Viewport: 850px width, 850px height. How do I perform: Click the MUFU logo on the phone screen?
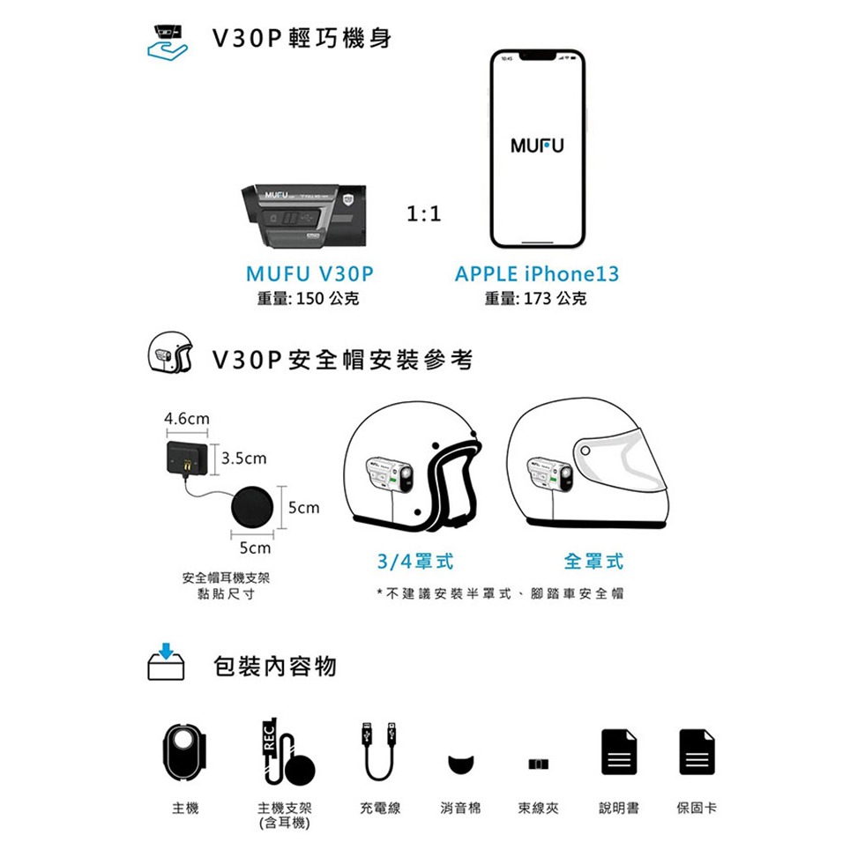click(537, 145)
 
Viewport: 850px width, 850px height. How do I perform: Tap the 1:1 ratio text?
click(424, 213)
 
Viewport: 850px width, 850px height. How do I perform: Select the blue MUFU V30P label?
click(309, 273)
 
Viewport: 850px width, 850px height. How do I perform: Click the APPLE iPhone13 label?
click(537, 273)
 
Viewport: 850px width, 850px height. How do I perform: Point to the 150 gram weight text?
click(308, 298)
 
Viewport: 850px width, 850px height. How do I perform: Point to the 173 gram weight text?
click(535, 298)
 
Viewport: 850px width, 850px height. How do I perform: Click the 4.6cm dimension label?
click(186, 419)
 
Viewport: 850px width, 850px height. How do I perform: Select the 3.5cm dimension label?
click(244, 459)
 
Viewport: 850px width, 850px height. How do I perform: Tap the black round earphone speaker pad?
click(252, 507)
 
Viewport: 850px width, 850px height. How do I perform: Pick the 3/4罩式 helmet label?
click(415, 561)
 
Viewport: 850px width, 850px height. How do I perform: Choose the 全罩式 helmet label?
click(593, 561)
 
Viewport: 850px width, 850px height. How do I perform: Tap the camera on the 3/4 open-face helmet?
click(389, 475)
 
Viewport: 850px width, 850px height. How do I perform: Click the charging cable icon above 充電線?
click(379, 750)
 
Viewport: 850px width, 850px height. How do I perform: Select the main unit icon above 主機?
click(185, 751)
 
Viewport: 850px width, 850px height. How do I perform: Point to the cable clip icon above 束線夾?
click(538, 764)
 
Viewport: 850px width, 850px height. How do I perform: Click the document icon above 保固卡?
click(697, 752)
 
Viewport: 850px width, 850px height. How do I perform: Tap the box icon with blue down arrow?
click(166, 662)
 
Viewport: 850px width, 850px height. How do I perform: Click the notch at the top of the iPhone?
click(538, 56)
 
